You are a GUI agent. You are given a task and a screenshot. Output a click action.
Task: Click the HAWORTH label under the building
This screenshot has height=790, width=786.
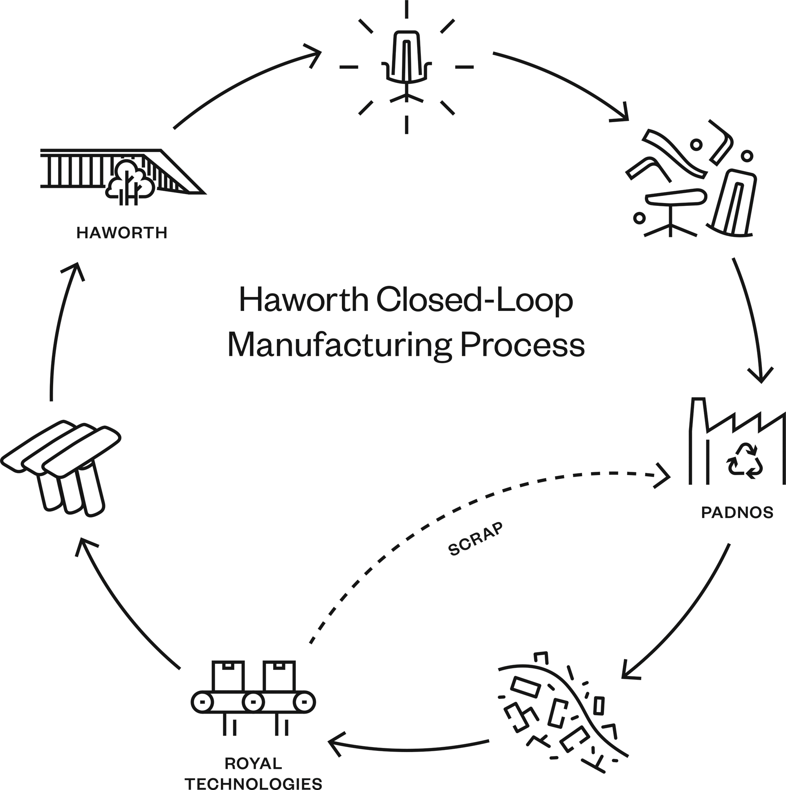click(x=121, y=233)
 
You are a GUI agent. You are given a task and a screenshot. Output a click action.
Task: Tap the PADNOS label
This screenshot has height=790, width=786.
click(x=737, y=512)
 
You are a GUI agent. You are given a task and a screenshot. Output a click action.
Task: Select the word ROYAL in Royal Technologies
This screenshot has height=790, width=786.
click(x=253, y=763)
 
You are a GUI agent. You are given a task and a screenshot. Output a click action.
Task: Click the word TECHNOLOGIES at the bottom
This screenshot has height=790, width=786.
click(x=253, y=783)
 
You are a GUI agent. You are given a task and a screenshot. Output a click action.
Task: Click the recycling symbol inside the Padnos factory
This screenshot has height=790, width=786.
click(x=744, y=461)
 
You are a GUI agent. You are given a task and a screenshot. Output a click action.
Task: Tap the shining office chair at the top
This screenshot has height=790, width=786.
click(x=406, y=65)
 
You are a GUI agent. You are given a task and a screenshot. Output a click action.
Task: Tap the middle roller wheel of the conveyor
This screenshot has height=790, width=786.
click(x=253, y=703)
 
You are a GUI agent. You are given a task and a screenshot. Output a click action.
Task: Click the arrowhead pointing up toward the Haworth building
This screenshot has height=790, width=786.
click(x=74, y=270)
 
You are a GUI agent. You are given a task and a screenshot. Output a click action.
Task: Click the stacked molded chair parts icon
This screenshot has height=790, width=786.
click(x=61, y=466)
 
